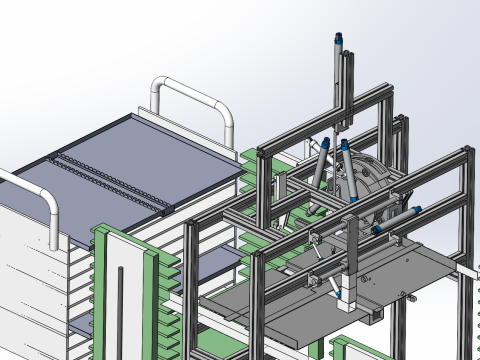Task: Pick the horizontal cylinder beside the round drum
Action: point(396,218)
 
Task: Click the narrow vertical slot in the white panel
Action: point(121,310)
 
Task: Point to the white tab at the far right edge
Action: point(469,271)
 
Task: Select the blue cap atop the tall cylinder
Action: point(339,39)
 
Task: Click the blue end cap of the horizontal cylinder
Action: point(414,208)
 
